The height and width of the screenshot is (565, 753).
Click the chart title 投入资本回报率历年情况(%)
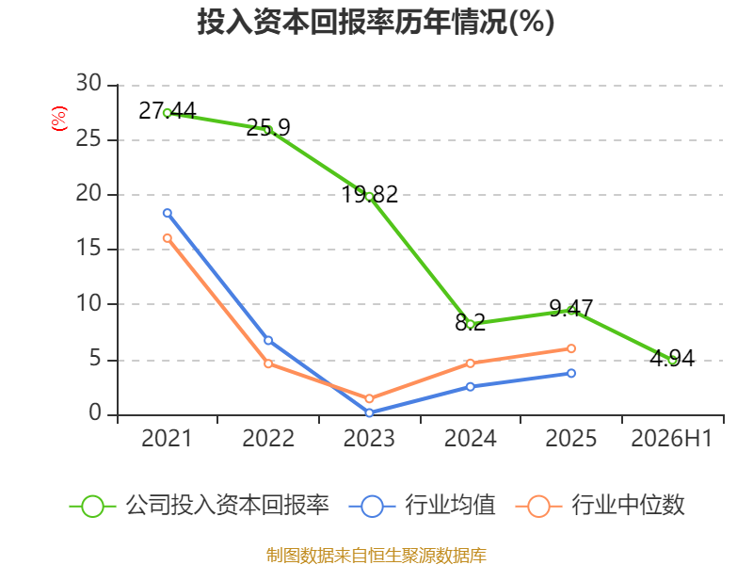(x=376, y=22)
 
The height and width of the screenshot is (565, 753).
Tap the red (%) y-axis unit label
(x=59, y=119)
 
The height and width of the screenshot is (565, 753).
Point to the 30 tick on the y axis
(x=88, y=84)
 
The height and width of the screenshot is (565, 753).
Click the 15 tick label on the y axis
(x=88, y=249)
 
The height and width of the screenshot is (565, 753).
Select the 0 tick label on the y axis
(x=95, y=413)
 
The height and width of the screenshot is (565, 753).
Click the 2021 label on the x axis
(x=167, y=439)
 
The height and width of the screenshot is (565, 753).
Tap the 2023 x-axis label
(x=369, y=439)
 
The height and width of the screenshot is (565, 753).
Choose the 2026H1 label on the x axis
(x=671, y=439)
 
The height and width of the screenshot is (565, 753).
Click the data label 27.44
(x=168, y=111)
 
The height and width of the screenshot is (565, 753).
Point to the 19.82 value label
(x=369, y=195)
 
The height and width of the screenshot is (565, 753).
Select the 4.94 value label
(x=672, y=359)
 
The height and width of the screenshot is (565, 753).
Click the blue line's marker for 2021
(x=168, y=213)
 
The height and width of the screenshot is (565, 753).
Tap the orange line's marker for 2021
(x=168, y=238)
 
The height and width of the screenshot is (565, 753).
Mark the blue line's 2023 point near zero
(x=369, y=412)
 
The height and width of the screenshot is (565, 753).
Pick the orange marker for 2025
(x=571, y=348)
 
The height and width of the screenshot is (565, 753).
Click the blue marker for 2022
(x=268, y=341)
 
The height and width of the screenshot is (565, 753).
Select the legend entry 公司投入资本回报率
(x=200, y=506)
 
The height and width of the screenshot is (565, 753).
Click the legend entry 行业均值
(x=422, y=506)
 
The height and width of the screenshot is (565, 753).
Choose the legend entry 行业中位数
(x=600, y=506)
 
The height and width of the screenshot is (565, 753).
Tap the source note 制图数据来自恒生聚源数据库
(x=376, y=555)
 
